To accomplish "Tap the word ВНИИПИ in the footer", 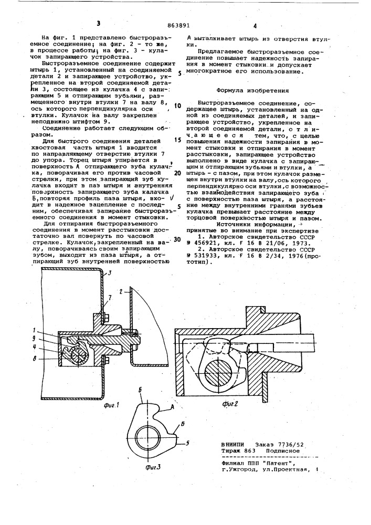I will [235, 445].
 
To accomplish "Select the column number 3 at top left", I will [98, 24].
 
